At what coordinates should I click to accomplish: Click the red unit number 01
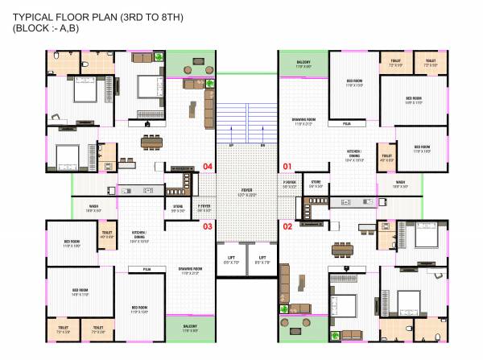pos(286,167)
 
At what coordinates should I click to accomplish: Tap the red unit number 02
pos(286,226)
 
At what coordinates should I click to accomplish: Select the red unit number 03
pos(208,226)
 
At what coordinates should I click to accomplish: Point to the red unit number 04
pos(208,167)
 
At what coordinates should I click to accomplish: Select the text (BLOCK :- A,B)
pos(47,28)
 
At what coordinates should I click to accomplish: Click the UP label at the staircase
pos(232,145)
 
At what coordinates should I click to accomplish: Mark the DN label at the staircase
pos(263,145)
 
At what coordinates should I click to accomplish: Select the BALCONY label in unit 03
pos(190,327)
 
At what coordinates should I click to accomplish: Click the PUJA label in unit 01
pos(347,124)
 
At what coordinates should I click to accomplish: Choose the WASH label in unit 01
pos(400,183)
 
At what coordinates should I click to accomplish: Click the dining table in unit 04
pos(151,143)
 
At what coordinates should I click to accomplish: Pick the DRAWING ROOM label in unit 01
pos(303,121)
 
